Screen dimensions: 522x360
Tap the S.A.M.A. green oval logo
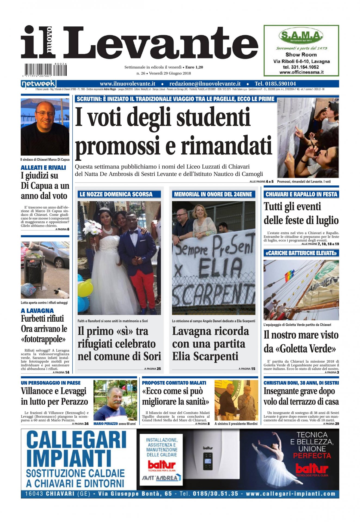[301, 36]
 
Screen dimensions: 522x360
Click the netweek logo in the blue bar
[38, 84]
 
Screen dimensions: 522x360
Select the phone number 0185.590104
[275, 84]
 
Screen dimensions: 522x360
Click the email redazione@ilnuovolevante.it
[205, 84]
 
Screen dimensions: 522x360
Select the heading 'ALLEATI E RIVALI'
[43, 167]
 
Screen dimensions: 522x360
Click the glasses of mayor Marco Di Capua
[45, 113]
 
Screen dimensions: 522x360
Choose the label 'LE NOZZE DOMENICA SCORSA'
[116, 194]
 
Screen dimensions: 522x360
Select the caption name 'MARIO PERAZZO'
[106, 424]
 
